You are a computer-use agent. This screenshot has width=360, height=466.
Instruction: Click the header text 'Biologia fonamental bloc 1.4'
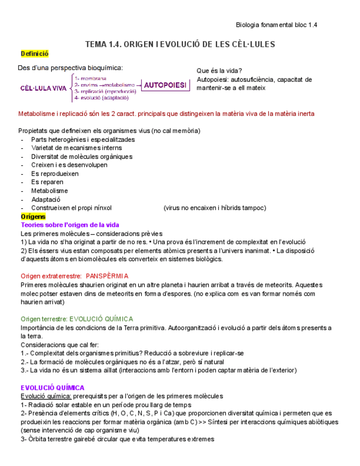tap(276, 25)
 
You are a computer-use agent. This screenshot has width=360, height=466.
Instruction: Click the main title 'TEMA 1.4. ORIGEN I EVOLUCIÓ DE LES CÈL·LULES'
tap(180, 44)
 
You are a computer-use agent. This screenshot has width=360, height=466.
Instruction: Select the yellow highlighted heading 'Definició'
tap(35, 54)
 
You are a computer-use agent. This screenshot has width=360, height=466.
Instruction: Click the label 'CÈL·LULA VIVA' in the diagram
tap(43, 88)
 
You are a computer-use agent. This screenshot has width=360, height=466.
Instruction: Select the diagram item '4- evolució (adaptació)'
tap(101, 98)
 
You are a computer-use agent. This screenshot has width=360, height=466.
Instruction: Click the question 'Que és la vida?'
tap(219, 71)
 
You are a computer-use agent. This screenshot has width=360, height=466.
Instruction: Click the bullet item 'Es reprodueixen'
tap(55, 174)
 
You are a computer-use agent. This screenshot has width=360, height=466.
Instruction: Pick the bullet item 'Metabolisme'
tap(49, 191)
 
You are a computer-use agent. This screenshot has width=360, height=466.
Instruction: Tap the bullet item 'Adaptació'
tap(46, 199)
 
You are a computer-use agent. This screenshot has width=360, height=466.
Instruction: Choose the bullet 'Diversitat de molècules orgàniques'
tap(82, 157)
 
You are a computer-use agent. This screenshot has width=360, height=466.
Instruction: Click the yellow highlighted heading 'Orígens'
tap(33, 217)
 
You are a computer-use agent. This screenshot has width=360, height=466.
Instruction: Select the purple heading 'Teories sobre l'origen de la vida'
tap(70, 225)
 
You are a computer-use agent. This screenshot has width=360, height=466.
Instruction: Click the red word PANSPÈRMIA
tap(107, 276)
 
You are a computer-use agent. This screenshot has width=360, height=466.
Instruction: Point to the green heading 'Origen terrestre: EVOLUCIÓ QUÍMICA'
tap(76, 319)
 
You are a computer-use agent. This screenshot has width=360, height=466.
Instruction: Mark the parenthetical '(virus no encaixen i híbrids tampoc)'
tap(214, 208)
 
